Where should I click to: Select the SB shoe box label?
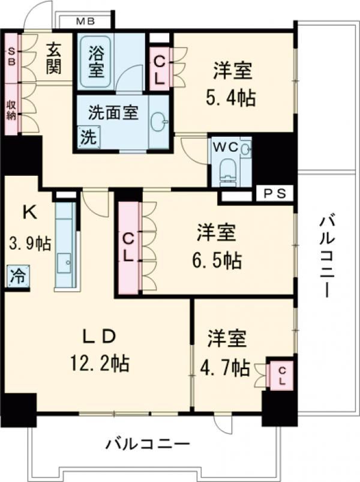click(x=11, y=56)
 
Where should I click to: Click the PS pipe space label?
click(x=274, y=194)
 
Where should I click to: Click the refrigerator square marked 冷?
click(x=17, y=277)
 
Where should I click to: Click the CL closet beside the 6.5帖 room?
click(x=128, y=248)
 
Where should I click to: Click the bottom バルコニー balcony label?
click(x=148, y=445)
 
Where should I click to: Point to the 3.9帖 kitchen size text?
click(x=29, y=244)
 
